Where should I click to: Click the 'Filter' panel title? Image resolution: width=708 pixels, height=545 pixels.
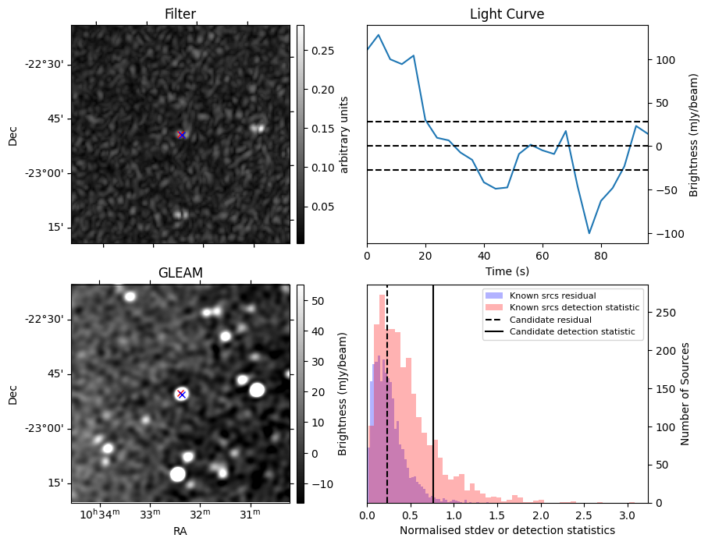coord(180,15)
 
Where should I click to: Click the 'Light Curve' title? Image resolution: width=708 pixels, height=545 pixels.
coord(507,15)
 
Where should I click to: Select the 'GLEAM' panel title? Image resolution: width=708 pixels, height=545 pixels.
coord(180,273)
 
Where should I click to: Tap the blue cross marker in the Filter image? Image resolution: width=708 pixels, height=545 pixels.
coord(182,135)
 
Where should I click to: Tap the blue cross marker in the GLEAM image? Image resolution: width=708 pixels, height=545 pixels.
coord(182,394)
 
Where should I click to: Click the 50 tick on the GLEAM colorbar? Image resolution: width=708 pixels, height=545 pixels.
coord(318,300)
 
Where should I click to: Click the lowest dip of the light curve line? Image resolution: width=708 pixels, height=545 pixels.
coord(589,233)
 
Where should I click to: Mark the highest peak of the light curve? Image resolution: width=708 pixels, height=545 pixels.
coord(379,34)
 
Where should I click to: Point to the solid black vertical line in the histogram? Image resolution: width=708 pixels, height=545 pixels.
coord(433,390)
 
